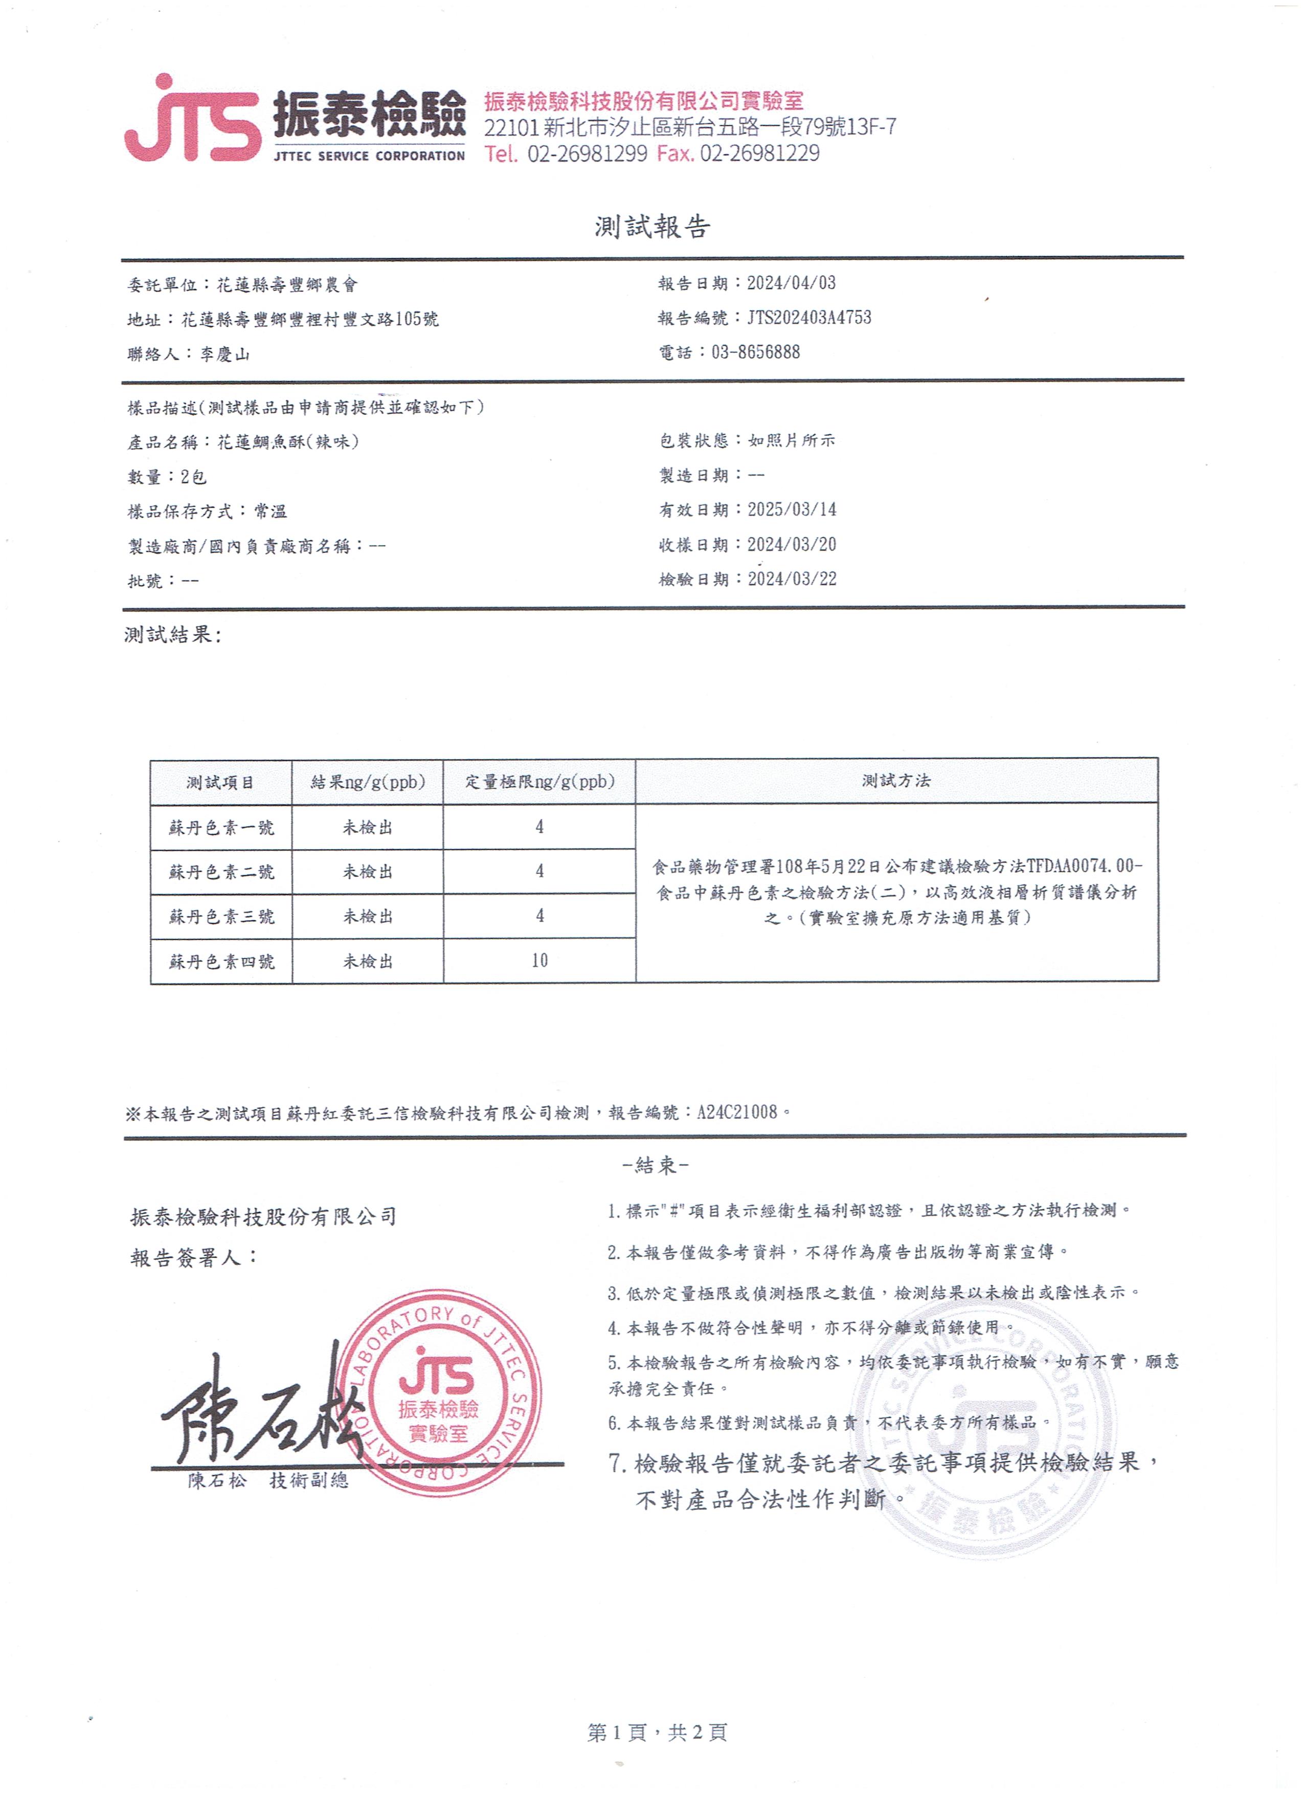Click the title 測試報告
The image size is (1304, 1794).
pos(653,227)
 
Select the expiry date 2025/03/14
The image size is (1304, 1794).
pos(792,510)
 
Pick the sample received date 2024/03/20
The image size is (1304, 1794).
pos(792,544)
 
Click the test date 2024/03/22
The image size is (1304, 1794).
pos(792,579)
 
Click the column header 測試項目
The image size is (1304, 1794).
pos(220,782)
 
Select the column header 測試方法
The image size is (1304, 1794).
pos(896,781)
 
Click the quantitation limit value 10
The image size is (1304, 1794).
pos(539,960)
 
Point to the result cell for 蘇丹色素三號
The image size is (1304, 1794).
pos(368,916)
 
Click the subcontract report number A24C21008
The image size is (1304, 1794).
pos(737,1112)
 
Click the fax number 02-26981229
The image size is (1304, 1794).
pos(759,153)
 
